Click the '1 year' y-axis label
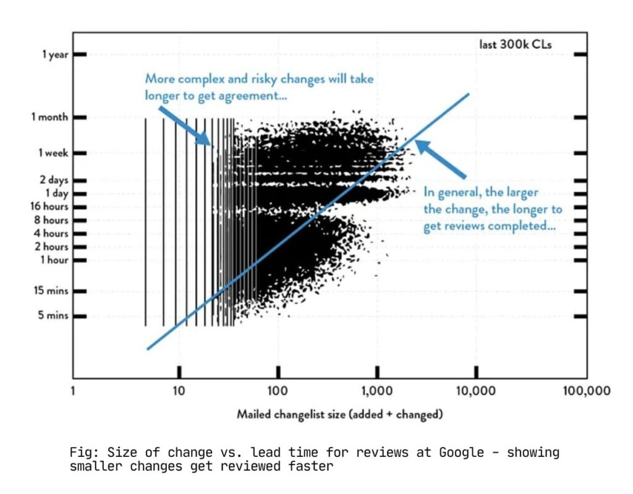coord(55,55)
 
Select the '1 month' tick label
coord(50,117)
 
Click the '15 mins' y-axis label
coord(50,291)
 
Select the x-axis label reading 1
coord(73,391)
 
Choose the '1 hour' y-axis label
coord(54,260)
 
